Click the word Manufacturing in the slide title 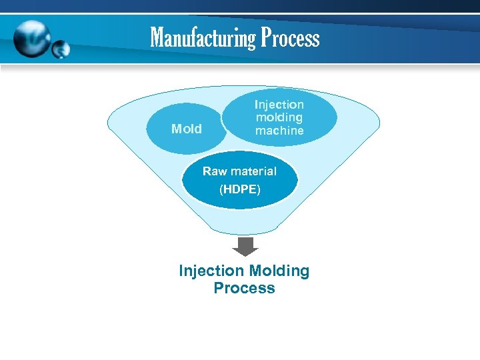203,37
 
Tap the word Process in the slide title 290,37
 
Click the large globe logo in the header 31,39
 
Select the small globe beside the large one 61,48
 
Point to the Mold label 186,129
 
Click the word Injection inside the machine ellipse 279,105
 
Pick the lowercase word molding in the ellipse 279,117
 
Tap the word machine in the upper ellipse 279,131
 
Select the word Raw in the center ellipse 215,171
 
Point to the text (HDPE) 240,189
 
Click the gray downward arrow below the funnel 245,246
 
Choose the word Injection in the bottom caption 211,271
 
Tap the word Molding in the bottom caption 279,271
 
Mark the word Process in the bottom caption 244,289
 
